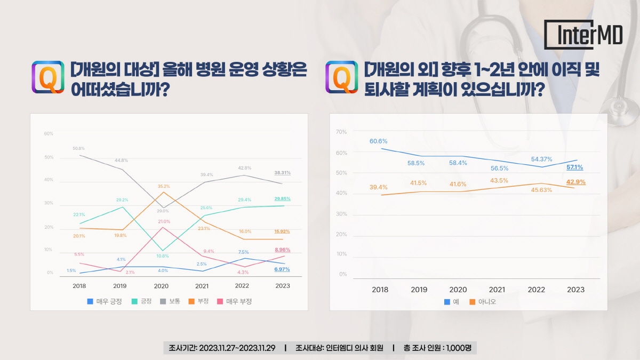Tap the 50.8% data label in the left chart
tap(78, 148)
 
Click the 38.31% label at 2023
tap(282, 173)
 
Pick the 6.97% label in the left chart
tap(282, 269)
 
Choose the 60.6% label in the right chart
tap(378, 141)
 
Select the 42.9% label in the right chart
tap(575, 182)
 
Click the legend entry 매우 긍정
tap(105, 301)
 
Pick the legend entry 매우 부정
tap(234, 301)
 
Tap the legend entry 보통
tap(171, 301)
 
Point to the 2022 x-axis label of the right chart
tap(536, 290)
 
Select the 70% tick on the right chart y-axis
tap(341, 131)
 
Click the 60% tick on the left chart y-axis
tap(48, 133)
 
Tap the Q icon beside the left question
tap(48, 77)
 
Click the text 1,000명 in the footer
tap(458, 348)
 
